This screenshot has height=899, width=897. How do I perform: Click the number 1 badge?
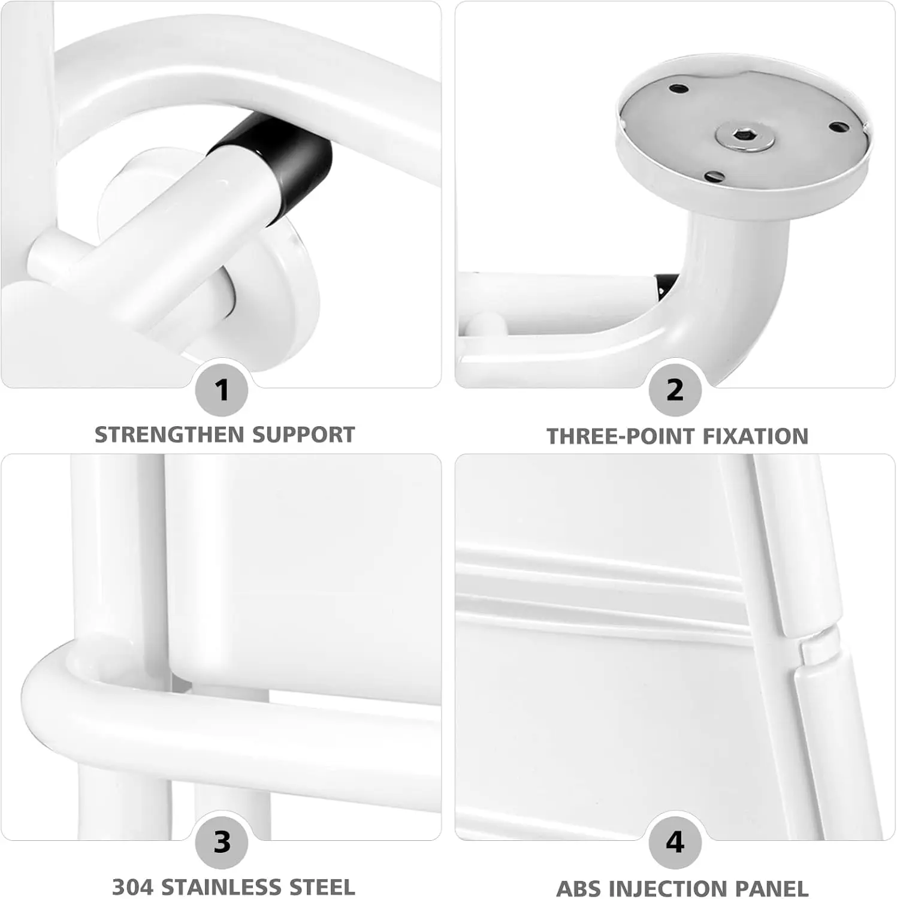(x=222, y=390)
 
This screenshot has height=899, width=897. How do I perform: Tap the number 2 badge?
(x=675, y=390)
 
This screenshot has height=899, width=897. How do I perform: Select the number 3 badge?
(x=222, y=843)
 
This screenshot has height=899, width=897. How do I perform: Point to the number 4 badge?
(x=675, y=843)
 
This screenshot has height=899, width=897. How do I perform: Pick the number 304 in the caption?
(x=133, y=887)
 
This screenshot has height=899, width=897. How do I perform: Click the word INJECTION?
(x=668, y=888)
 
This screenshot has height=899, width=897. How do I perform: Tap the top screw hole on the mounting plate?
(x=678, y=89)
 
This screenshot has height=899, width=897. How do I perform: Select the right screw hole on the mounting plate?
(x=839, y=126)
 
